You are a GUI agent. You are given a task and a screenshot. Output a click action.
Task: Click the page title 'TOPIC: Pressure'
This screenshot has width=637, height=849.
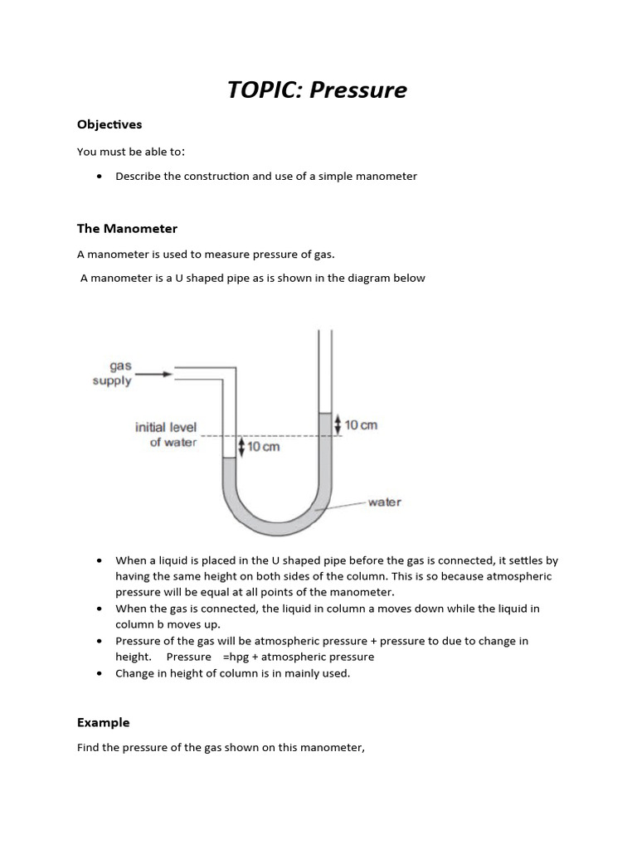coord(318,90)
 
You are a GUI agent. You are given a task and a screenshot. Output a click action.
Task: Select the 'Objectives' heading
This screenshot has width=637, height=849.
coord(109,124)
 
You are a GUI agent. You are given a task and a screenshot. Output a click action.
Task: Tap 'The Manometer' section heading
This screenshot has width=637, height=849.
coord(127,228)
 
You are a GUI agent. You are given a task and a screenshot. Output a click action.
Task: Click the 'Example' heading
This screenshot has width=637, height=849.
coord(104,722)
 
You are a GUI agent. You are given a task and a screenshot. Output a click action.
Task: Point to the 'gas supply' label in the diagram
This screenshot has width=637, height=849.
coord(113,374)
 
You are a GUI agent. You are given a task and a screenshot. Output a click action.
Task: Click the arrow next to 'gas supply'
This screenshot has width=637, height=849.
coord(154,375)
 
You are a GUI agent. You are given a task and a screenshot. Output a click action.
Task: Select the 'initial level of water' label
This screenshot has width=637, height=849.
coord(167,435)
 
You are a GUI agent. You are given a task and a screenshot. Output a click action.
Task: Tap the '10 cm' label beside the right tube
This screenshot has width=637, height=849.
coord(361,424)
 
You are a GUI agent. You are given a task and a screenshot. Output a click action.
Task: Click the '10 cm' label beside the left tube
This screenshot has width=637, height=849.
coord(264,447)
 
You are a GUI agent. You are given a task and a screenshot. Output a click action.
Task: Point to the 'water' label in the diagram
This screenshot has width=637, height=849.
coord(384,502)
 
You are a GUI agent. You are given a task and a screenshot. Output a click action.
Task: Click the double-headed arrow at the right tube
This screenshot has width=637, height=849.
coord(337,424)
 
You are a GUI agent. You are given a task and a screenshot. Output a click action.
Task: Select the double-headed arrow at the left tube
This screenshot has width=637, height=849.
coord(241,447)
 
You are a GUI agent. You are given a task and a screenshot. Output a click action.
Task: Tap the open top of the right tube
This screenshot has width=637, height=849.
coord(325,334)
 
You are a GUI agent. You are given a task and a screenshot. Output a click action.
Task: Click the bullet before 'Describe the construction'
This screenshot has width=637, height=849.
coord(100,176)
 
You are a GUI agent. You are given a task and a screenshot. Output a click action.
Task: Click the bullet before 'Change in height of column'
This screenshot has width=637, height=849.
coord(100,673)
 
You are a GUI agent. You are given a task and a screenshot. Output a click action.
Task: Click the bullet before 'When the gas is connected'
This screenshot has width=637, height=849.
coord(100,609)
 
